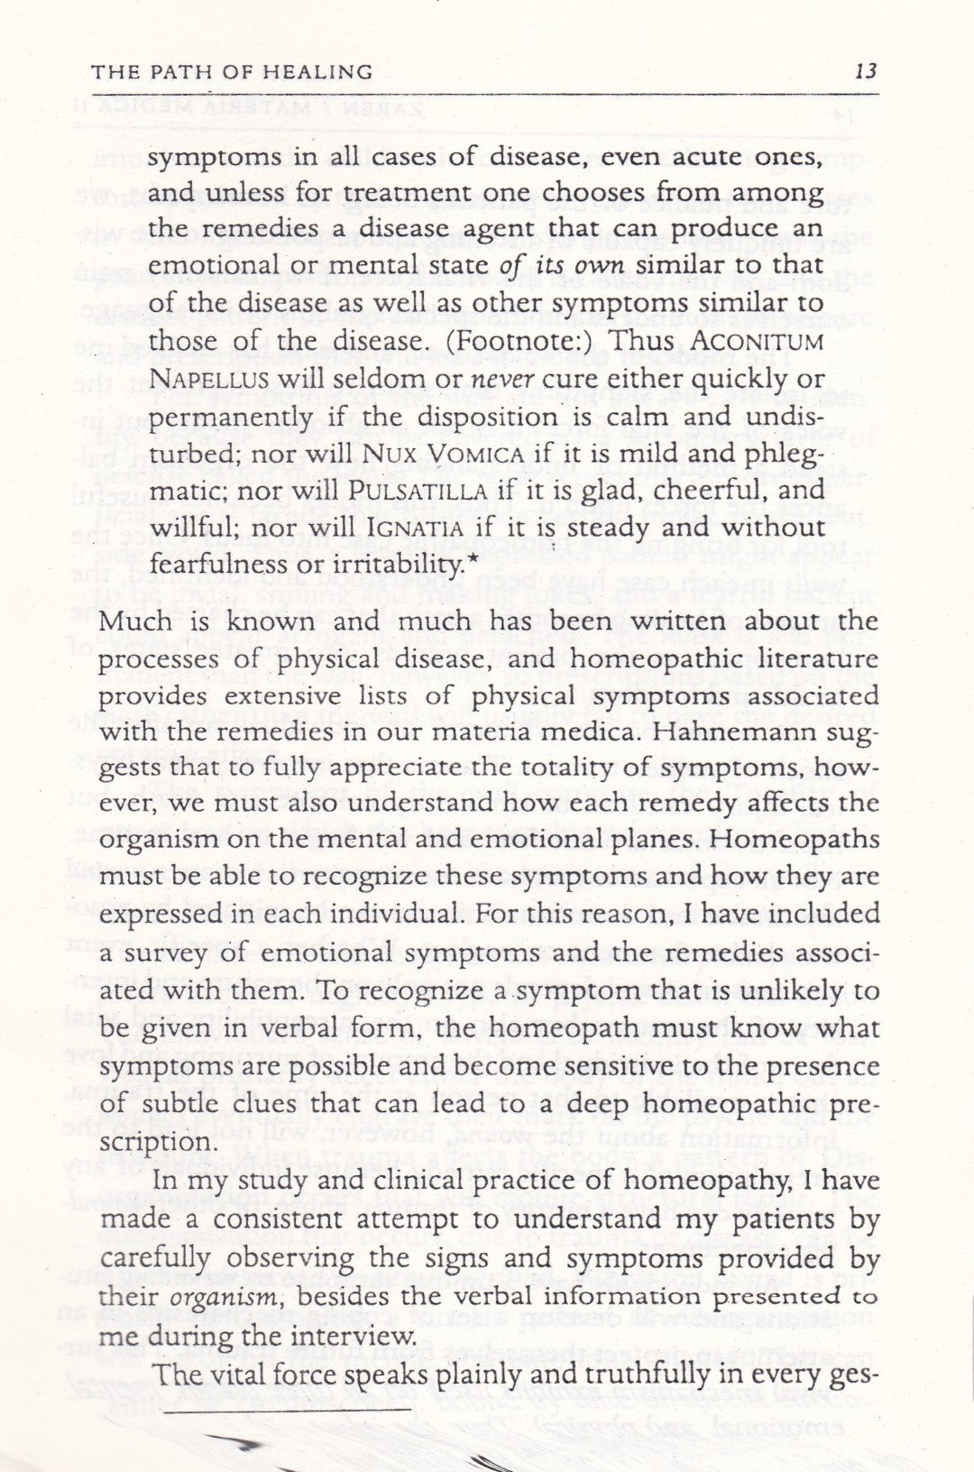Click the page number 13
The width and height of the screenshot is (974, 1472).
point(865,71)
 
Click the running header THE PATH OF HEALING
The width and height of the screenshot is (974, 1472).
point(233,71)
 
